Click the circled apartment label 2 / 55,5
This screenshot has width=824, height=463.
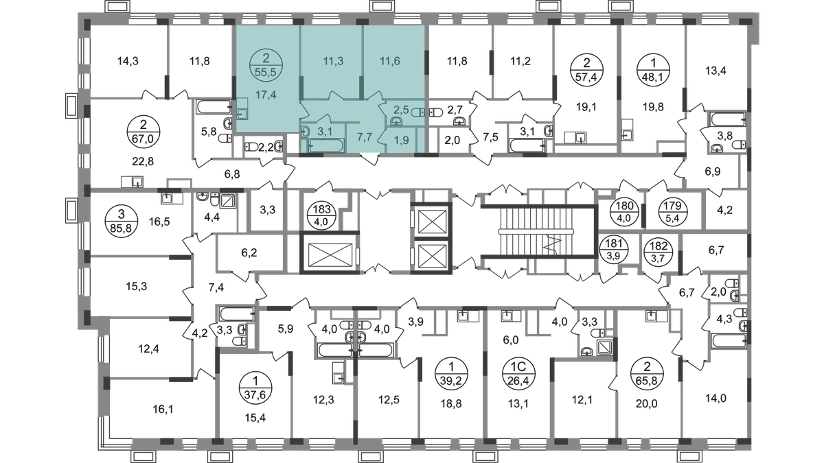[x=266, y=64]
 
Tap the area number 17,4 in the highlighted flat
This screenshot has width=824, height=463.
[x=266, y=95]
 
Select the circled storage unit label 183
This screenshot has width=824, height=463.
[x=322, y=216]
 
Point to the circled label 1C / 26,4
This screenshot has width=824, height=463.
[x=518, y=373]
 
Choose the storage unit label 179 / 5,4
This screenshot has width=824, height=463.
[x=673, y=212]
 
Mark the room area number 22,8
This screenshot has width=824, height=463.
[x=143, y=161]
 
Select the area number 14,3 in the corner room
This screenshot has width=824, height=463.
[x=128, y=60]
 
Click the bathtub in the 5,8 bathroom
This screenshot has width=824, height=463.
[x=214, y=107]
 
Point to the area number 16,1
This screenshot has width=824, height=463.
[x=163, y=409]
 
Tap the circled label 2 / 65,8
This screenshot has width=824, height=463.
[x=647, y=373]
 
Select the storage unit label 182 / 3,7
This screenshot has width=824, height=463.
[x=659, y=250]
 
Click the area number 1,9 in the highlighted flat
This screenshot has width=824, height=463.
[x=402, y=140]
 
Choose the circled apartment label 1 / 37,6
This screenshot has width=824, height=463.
[x=255, y=388]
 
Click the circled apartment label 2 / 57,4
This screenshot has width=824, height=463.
[x=586, y=69]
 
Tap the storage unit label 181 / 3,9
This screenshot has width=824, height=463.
[x=614, y=250]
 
